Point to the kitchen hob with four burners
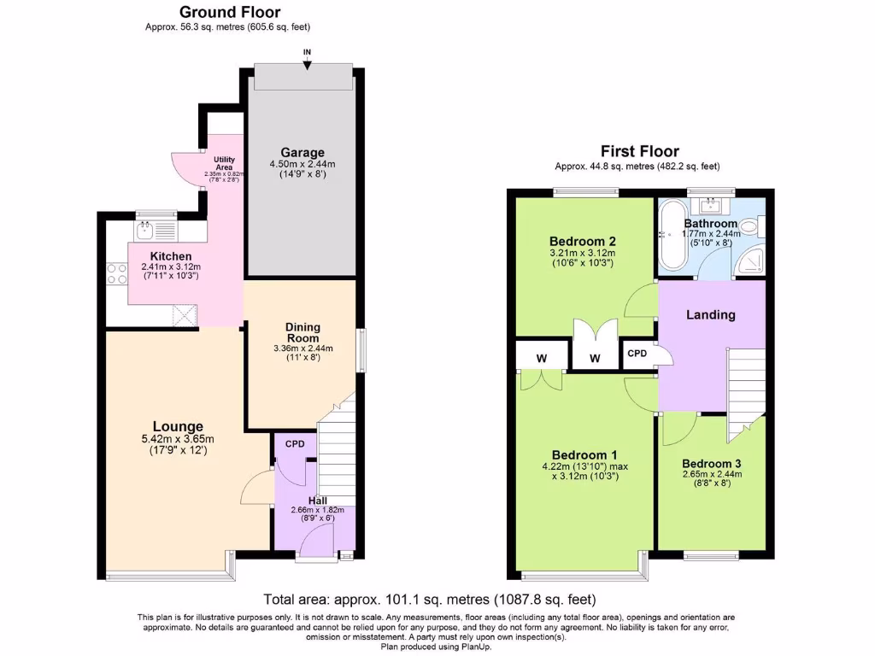tap(115, 273)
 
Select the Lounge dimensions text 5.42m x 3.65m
tap(178, 440)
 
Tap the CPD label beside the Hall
tap(295, 443)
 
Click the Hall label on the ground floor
tap(316, 501)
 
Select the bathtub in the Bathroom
tap(672, 236)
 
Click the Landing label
tap(711, 314)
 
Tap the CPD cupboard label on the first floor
tap(637, 353)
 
